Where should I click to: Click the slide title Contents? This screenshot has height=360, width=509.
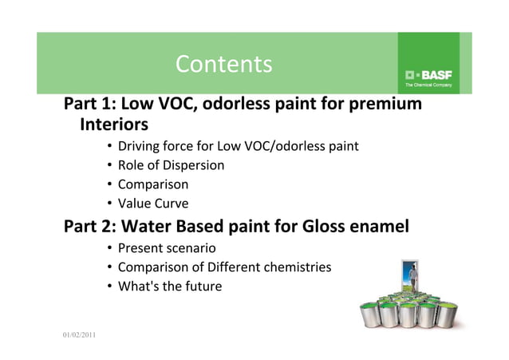223,64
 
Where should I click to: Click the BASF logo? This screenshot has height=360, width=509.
428,73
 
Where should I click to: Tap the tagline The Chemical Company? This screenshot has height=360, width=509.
428,84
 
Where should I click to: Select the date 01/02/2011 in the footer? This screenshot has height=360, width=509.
80,333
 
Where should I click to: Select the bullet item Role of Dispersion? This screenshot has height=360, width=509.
171,165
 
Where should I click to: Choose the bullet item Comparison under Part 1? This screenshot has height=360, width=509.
153,184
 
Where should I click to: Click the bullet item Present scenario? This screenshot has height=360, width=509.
167,247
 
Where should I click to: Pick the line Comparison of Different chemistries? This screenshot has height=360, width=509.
224,267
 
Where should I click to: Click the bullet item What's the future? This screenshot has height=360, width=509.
169,286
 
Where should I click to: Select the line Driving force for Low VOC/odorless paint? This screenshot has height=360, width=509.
238,146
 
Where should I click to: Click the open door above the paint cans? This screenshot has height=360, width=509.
410,277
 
